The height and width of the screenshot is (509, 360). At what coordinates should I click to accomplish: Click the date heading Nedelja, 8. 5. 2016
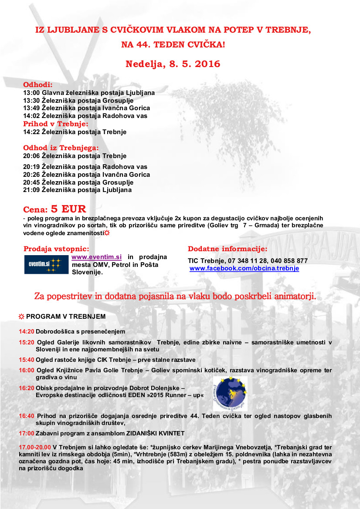point(173,64)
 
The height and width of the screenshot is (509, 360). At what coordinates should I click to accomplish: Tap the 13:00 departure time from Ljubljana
point(31,93)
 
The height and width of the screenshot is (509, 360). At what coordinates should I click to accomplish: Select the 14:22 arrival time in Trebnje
point(31,131)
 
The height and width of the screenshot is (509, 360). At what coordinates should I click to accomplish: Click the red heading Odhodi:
point(38,84)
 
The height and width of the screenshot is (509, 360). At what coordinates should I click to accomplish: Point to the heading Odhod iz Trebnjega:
point(61,148)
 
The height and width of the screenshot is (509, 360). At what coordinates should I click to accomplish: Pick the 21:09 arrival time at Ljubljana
point(31,190)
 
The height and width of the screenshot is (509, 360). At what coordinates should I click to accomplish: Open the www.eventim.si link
point(96,257)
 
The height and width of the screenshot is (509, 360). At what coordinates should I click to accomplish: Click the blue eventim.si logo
point(46,264)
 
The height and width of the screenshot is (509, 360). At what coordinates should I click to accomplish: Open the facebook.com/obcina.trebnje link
point(244,269)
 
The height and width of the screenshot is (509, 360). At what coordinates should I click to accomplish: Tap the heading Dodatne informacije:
point(227,249)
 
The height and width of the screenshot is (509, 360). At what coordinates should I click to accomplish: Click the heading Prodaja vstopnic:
point(56,249)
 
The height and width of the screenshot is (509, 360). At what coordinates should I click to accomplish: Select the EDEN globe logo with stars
point(230,394)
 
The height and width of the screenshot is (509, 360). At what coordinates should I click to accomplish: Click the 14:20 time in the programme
point(26,331)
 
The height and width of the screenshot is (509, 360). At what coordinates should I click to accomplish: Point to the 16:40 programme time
point(26,416)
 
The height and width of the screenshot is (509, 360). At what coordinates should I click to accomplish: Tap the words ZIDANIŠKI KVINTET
point(156,433)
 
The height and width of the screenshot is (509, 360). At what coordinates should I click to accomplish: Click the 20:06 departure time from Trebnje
point(31,156)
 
